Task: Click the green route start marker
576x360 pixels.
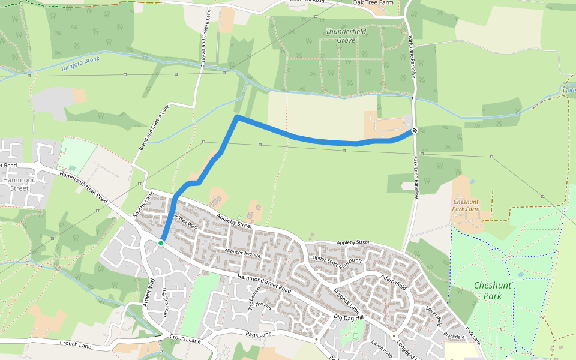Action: click(x=161, y=242)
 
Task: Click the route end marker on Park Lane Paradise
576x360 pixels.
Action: click(x=415, y=130)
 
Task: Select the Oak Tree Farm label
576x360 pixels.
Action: click(x=377, y=3)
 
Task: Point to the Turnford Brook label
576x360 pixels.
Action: click(x=80, y=64)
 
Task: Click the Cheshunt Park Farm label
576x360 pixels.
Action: click(x=467, y=206)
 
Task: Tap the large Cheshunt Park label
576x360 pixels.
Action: click(x=493, y=291)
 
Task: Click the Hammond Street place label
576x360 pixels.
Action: click(x=19, y=184)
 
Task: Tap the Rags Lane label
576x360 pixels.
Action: click(x=259, y=334)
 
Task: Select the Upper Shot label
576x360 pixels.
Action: click(x=325, y=259)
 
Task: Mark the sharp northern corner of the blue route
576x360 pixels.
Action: click(x=238, y=116)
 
